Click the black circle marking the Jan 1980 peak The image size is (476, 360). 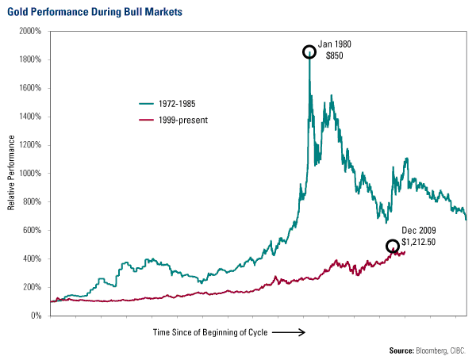(x=309, y=52)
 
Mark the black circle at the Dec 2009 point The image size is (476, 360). (x=392, y=247)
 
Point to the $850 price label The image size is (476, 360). (x=333, y=56)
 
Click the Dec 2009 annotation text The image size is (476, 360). (x=414, y=230)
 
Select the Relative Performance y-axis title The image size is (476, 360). (x=12, y=182)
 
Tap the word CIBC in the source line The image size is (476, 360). (x=459, y=350)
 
